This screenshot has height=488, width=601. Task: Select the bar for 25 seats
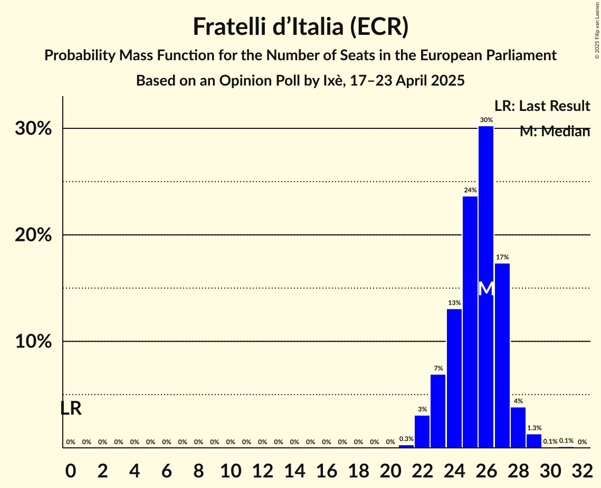pos(470,322)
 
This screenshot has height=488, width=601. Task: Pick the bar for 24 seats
pos(454,378)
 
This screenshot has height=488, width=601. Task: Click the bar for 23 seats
pos(438,411)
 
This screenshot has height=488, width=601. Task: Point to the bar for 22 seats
pos(422,431)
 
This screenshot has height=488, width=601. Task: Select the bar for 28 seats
pos(518,427)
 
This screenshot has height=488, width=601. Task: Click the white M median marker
pos(486,289)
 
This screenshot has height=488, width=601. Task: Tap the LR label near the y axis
pos(71,408)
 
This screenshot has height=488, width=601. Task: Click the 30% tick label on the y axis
pos(33,129)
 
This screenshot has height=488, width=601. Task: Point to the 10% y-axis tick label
pos(33,342)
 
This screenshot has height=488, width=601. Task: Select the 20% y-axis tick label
pos(33,235)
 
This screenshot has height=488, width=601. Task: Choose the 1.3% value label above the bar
pos(534,428)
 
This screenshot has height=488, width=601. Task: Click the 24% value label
pos(470,190)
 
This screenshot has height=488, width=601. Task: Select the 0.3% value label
pos(406,439)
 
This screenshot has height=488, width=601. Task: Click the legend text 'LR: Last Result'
pos(542,106)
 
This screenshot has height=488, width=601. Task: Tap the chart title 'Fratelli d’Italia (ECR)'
pos(300,26)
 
